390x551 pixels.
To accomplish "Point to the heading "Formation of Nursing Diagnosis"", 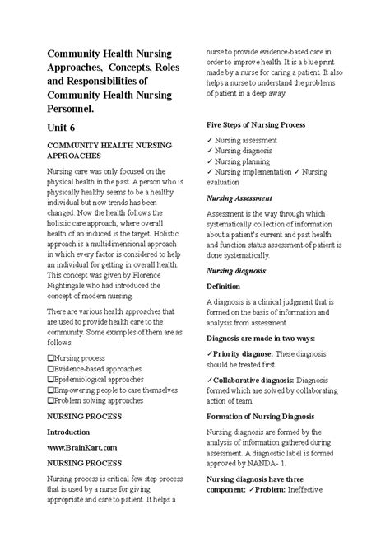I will click(265, 417).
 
